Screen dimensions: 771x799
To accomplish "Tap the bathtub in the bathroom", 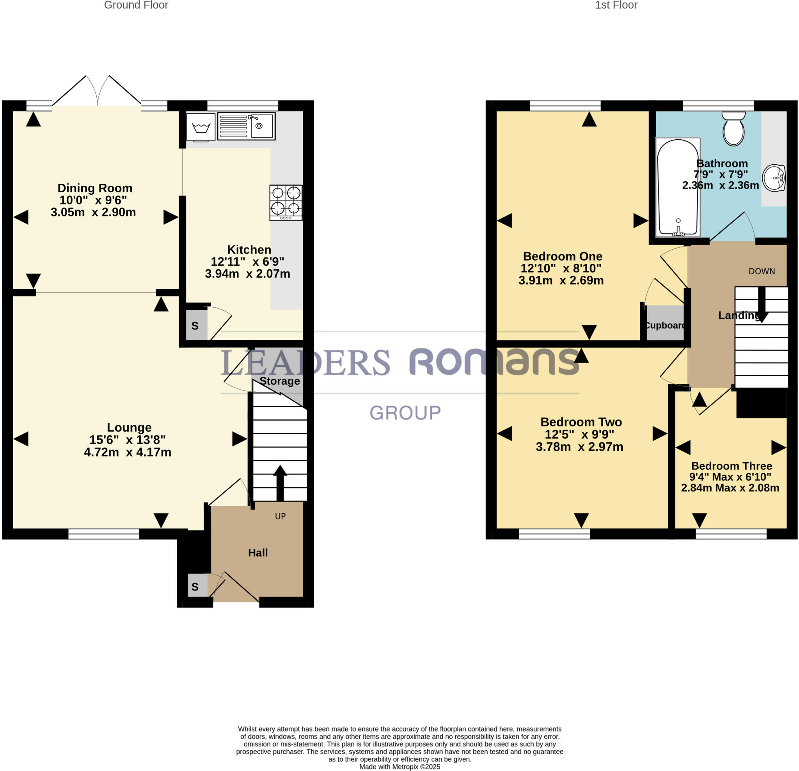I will [x=678, y=188].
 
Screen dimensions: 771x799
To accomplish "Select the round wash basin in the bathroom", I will [x=774, y=178].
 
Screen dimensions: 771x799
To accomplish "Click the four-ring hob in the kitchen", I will [x=286, y=202].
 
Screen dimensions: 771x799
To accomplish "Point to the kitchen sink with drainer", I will [x=246, y=126].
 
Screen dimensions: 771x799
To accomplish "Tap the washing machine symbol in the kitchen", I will [x=201, y=127].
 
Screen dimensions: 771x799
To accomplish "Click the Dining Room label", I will [x=95, y=188].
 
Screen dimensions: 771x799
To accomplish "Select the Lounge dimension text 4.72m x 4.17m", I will [x=128, y=452].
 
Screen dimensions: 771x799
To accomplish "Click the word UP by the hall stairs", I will [x=280, y=516].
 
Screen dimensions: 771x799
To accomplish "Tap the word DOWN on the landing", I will [x=762, y=271].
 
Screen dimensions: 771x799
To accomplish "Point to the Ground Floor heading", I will [x=136, y=5].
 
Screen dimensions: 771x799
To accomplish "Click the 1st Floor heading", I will [x=616, y=5].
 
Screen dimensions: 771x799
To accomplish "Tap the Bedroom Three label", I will [x=732, y=465].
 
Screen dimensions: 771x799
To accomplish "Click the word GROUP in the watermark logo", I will [x=405, y=413].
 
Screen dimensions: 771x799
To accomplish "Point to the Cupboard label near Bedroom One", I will [x=665, y=325].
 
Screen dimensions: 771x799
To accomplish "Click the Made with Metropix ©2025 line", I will [x=399, y=767].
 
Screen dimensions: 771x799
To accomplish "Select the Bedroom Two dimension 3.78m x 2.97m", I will [x=579, y=447].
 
